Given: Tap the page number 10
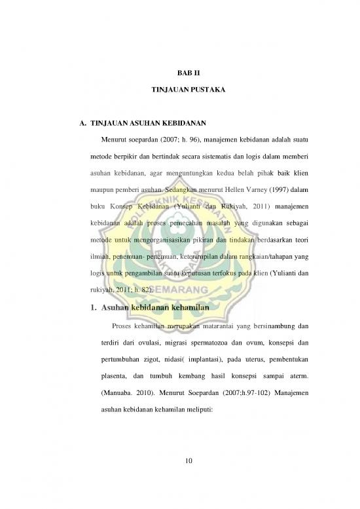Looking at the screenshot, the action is pos(189,464).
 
